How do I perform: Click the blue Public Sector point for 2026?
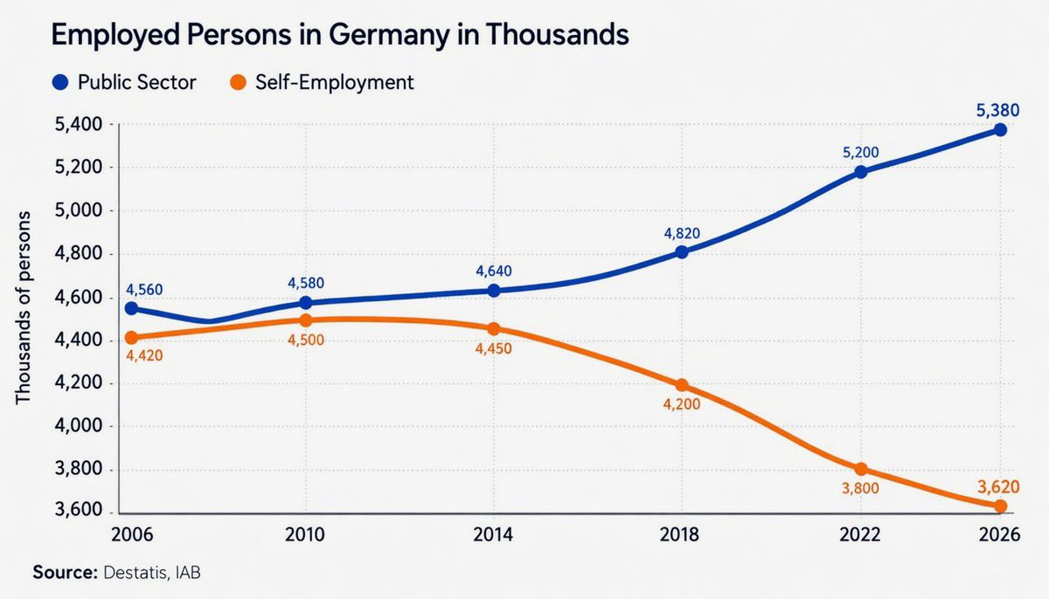(1000, 129)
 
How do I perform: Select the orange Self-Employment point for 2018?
(682, 385)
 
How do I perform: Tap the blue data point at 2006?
(131, 308)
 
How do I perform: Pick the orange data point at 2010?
(306, 320)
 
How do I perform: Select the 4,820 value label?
(682, 233)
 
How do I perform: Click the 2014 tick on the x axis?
(493, 534)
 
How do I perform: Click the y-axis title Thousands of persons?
(24, 307)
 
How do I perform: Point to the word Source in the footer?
(64, 574)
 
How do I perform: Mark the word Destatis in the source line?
(135, 574)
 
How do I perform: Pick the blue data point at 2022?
(862, 172)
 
